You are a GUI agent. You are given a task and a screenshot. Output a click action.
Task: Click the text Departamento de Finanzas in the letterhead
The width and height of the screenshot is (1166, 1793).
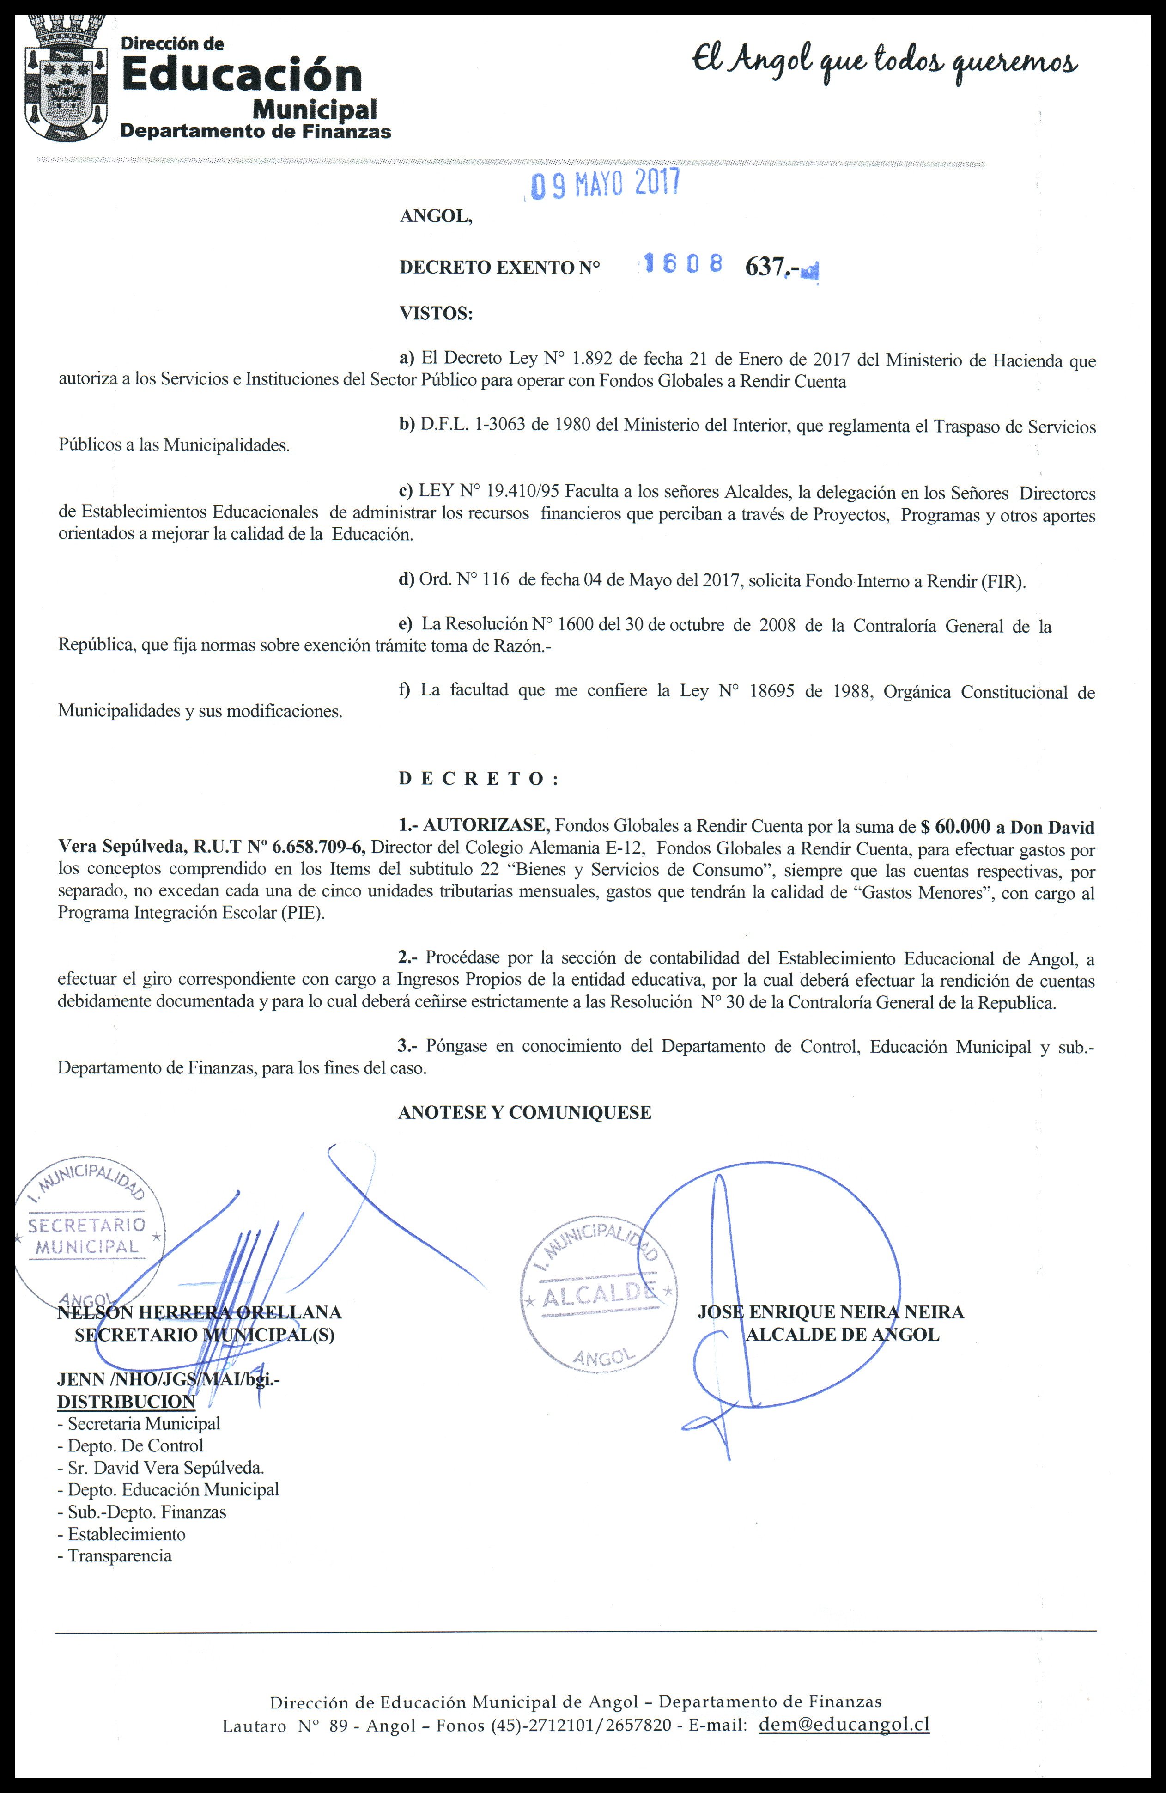(x=256, y=132)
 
